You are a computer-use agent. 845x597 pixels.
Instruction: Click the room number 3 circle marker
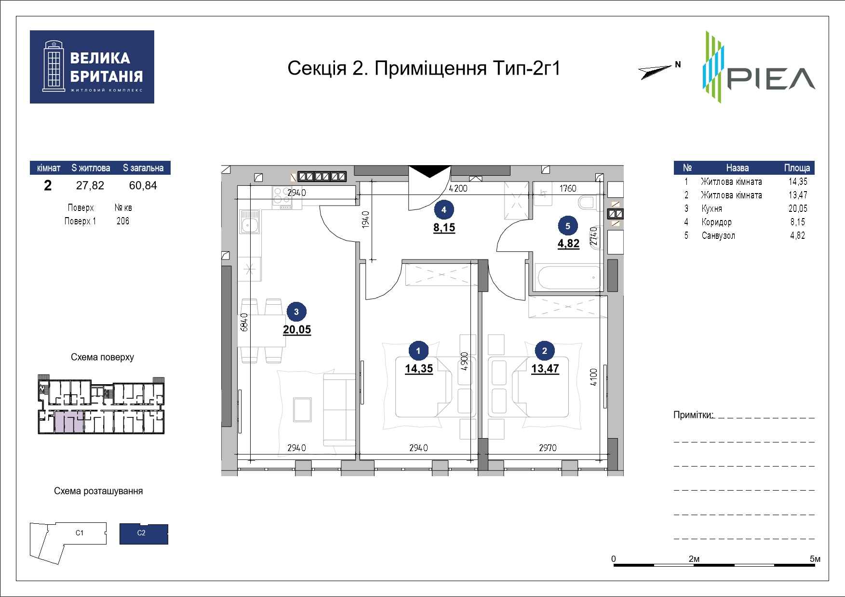tap(296, 311)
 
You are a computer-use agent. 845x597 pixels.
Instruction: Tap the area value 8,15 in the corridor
tap(444, 228)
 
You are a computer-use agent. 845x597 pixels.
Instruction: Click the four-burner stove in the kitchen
tap(282, 197)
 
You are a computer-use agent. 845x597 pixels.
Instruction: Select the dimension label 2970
tap(547, 448)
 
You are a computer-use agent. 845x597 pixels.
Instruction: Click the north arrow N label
tap(678, 64)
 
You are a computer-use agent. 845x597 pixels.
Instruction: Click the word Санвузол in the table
tap(718, 235)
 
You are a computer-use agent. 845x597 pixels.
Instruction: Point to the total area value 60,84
tap(143, 185)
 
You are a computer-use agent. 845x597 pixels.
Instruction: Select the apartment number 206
tap(123, 221)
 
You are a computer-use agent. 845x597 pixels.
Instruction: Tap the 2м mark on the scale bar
tap(694, 559)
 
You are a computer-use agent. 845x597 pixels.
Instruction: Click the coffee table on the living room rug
tap(302, 410)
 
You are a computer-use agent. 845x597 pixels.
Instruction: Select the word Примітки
tap(693, 415)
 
